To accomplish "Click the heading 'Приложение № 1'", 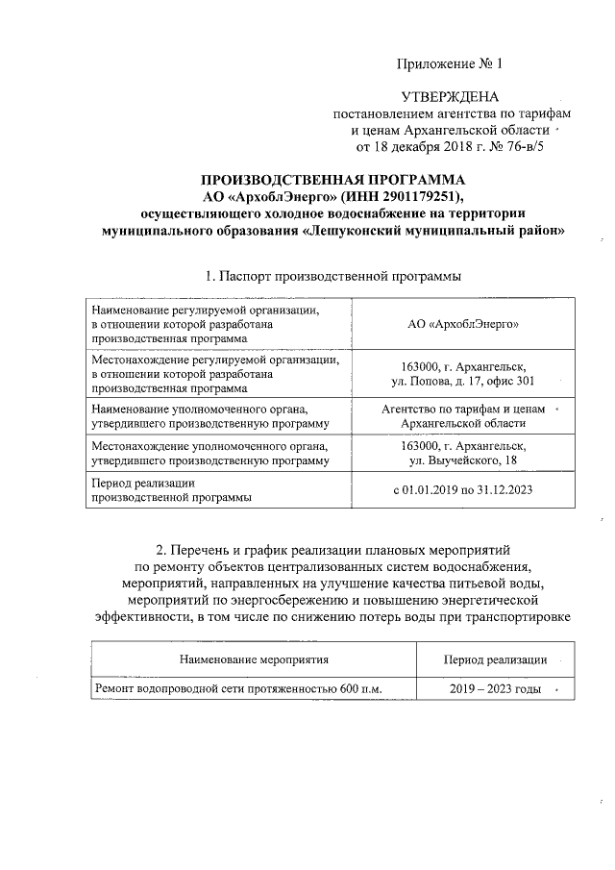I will (x=449, y=64).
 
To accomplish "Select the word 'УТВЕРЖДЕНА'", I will (x=449, y=98).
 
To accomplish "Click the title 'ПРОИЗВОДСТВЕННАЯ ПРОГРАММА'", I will (x=332, y=181).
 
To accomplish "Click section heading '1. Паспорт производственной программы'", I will (x=332, y=276).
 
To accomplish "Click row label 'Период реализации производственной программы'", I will (x=172, y=489).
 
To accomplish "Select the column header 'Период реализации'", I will (x=495, y=659).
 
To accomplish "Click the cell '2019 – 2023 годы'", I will (x=495, y=690).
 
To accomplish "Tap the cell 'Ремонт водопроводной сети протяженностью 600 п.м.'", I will (x=237, y=690).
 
